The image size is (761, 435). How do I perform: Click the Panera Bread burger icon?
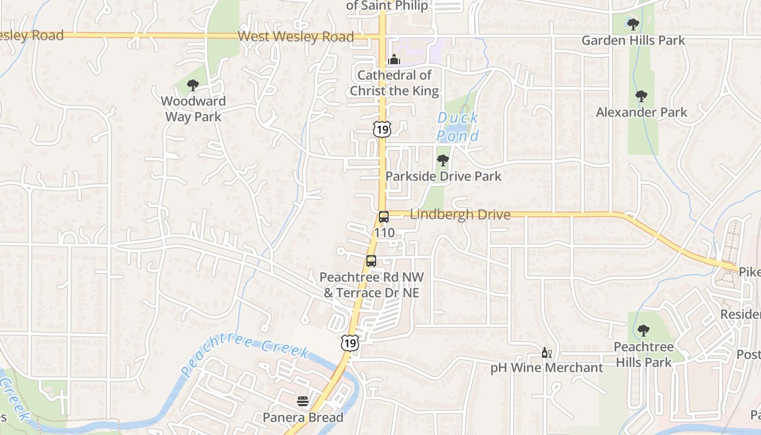[303, 402]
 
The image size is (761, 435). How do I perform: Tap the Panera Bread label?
[303, 418]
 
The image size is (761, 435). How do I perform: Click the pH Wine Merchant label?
[546, 368]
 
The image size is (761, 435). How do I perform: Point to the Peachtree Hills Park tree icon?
[644, 330]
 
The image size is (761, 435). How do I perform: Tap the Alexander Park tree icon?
[641, 96]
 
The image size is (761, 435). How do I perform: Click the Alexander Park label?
[641, 113]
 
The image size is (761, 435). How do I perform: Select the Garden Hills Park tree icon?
[633, 24]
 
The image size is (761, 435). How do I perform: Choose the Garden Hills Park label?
[633, 40]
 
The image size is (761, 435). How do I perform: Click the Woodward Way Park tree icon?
[192, 85]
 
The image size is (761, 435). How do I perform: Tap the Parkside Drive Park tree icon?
[443, 160]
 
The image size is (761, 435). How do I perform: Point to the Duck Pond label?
[458, 126]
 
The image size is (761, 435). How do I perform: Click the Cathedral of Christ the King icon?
[394, 59]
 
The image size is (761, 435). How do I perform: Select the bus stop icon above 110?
[384, 217]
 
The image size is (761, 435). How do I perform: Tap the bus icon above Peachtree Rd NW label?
[371, 261]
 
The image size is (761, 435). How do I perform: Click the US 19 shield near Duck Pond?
[381, 129]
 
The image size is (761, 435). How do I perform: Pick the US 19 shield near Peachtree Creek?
[350, 343]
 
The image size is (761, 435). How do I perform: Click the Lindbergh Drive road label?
[460, 215]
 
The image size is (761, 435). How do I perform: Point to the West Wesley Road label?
[296, 37]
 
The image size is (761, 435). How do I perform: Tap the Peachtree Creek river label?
[246, 355]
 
